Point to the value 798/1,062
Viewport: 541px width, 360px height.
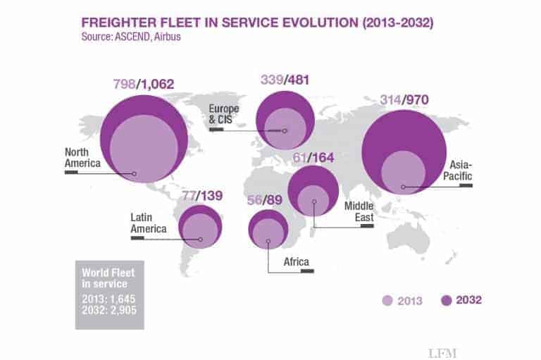coord(144,85)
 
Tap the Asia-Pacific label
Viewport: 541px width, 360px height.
coord(459,170)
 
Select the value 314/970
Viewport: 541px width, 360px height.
coord(406,98)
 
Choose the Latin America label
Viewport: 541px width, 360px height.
coord(148,223)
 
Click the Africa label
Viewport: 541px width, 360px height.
coord(296,263)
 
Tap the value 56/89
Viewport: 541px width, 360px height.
coord(266,200)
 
